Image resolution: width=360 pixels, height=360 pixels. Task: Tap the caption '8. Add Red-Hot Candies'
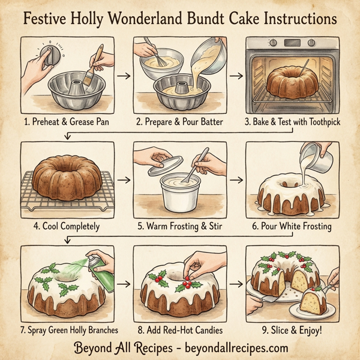[x=180, y=330]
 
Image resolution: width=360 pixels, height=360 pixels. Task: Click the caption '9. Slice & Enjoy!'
[x=292, y=330]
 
